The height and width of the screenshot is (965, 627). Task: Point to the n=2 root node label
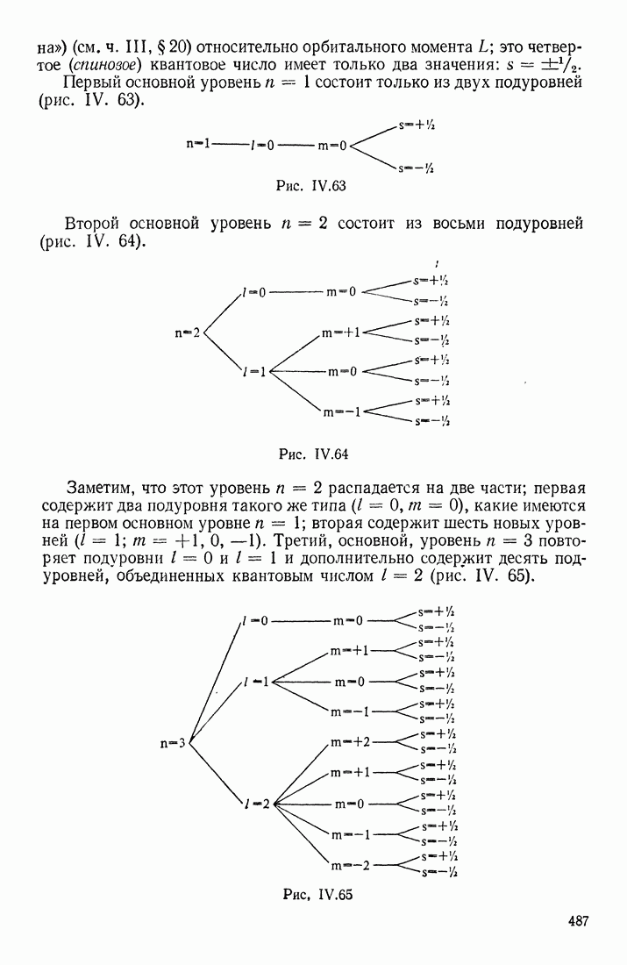(x=188, y=333)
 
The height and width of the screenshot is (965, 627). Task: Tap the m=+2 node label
(x=351, y=742)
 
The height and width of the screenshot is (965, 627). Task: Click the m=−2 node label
(x=351, y=865)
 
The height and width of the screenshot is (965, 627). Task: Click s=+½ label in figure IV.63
(x=417, y=125)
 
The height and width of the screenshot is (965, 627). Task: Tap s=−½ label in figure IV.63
(x=417, y=168)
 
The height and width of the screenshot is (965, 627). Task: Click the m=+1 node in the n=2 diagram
(x=342, y=332)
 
